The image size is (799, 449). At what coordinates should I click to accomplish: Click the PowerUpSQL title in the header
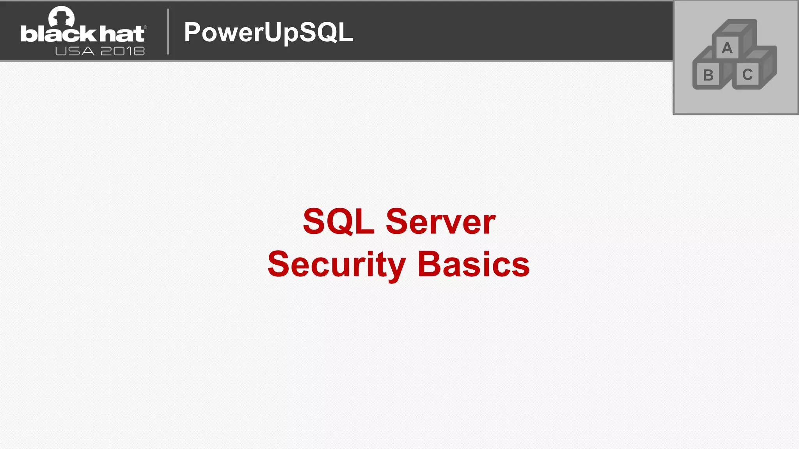click(268, 32)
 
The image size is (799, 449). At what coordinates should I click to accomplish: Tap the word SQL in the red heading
click(338, 221)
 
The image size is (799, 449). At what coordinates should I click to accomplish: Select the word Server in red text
click(440, 221)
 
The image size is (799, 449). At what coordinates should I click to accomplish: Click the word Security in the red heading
click(336, 265)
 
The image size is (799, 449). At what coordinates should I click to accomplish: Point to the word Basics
click(473, 265)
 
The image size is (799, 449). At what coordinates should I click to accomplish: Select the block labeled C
click(747, 74)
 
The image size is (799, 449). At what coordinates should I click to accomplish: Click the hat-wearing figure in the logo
click(61, 16)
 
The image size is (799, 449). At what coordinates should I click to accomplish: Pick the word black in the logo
click(58, 34)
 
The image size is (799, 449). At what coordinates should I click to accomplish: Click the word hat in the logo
click(122, 34)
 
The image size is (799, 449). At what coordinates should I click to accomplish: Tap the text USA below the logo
click(75, 51)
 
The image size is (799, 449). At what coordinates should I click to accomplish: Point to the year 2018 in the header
click(123, 51)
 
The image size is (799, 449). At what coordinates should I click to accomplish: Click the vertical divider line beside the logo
click(168, 31)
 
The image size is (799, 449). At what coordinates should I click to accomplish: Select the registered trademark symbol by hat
click(146, 27)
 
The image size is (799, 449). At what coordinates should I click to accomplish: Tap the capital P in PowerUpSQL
click(192, 32)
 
